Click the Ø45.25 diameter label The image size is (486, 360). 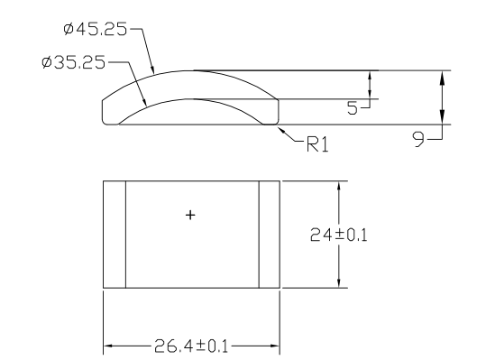tap(96, 29)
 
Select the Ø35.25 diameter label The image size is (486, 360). tap(73, 62)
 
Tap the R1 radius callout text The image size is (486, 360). tap(317, 144)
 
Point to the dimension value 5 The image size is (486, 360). tap(352, 108)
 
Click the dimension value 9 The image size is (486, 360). tap(418, 139)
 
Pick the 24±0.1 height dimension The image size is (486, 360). tap(338, 235)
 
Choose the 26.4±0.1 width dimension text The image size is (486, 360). tap(191, 346)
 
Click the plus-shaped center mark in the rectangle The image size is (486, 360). tap(190, 215)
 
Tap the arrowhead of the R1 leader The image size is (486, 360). tap(281, 130)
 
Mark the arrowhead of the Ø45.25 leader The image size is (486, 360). tap(152, 69)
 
